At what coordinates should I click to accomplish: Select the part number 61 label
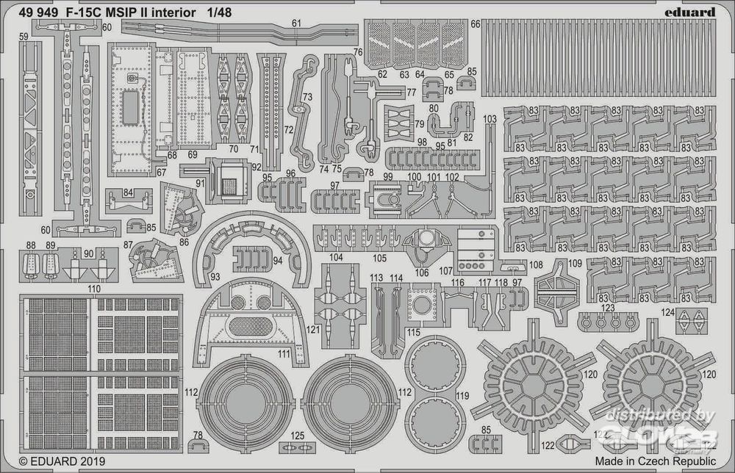tap(296, 24)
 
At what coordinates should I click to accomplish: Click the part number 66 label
tap(476, 24)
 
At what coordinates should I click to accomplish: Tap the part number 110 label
tap(93, 289)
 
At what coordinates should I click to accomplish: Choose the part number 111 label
tap(282, 354)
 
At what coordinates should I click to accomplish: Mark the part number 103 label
tap(490, 119)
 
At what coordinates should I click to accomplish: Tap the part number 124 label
tap(667, 312)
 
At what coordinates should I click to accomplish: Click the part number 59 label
tap(24, 35)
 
